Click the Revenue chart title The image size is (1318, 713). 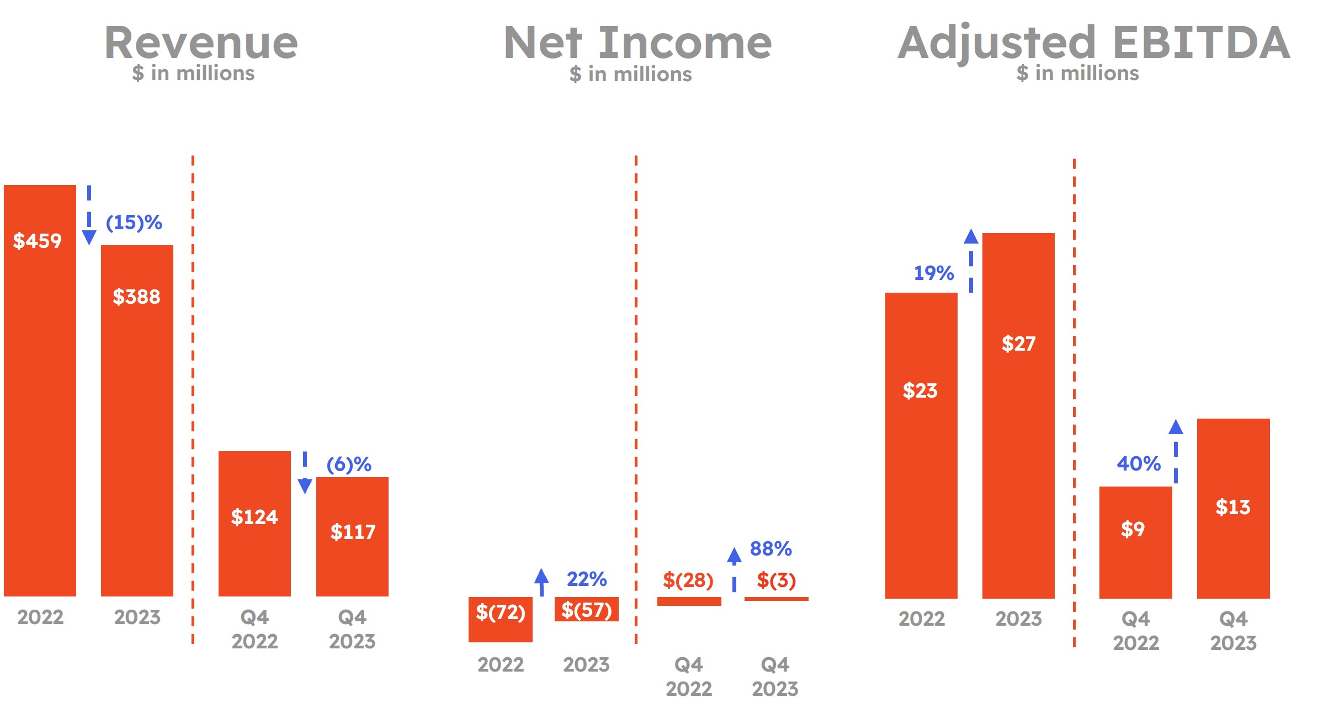pos(201,43)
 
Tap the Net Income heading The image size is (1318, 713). pos(637,43)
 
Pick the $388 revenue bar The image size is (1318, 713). pos(137,420)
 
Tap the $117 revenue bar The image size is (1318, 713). pos(352,536)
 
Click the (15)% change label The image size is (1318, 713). pos(134,223)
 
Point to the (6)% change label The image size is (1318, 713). pos(349,464)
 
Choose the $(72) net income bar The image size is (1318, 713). pos(500,619)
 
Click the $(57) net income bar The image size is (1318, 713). pos(586,609)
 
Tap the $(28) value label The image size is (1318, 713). pos(688,580)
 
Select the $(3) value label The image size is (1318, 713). pos(776,580)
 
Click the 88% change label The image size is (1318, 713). pos(770,549)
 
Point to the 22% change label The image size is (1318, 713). pos(587,579)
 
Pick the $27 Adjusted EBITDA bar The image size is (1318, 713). pos(1018,414)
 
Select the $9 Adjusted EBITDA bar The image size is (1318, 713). pos(1135,541)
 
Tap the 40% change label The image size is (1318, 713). pos(1139,463)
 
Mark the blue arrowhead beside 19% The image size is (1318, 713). pos(971,237)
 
